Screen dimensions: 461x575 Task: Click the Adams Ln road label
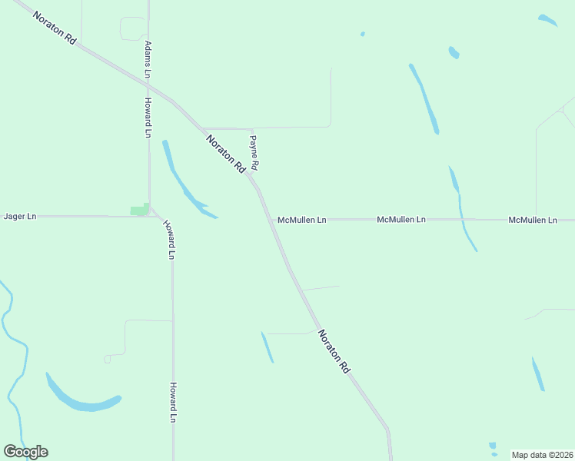(x=148, y=59)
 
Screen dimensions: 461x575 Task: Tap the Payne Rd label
(x=254, y=153)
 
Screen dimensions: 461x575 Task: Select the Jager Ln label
(x=20, y=217)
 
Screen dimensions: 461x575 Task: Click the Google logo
(x=25, y=452)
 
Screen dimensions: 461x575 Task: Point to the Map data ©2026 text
(x=542, y=455)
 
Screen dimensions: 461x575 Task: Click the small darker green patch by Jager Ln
(x=140, y=209)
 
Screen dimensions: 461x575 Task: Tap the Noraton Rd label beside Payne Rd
(x=225, y=153)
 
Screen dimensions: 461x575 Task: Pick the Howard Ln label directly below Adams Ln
(x=148, y=118)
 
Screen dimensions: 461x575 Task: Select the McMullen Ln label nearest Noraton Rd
(x=302, y=220)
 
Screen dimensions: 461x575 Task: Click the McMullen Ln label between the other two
(x=401, y=220)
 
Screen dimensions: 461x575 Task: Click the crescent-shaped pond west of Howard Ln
(x=83, y=400)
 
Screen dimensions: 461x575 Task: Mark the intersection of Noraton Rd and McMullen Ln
(x=272, y=220)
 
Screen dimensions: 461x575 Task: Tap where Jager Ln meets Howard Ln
(x=149, y=216)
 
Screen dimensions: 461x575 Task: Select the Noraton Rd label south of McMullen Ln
(x=334, y=351)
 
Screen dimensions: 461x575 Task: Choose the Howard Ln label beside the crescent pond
(x=174, y=403)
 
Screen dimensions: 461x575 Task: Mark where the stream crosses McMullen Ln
(x=464, y=220)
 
